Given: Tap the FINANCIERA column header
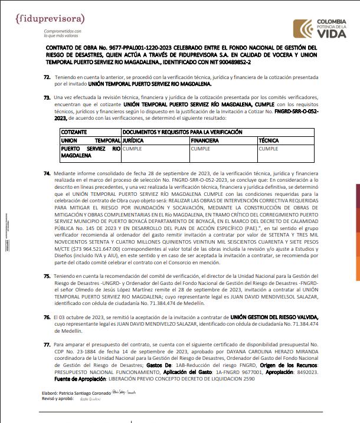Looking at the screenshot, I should [205, 141].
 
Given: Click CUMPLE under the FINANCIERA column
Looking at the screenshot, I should [200, 149].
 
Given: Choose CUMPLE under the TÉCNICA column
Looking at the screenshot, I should [268, 149].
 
